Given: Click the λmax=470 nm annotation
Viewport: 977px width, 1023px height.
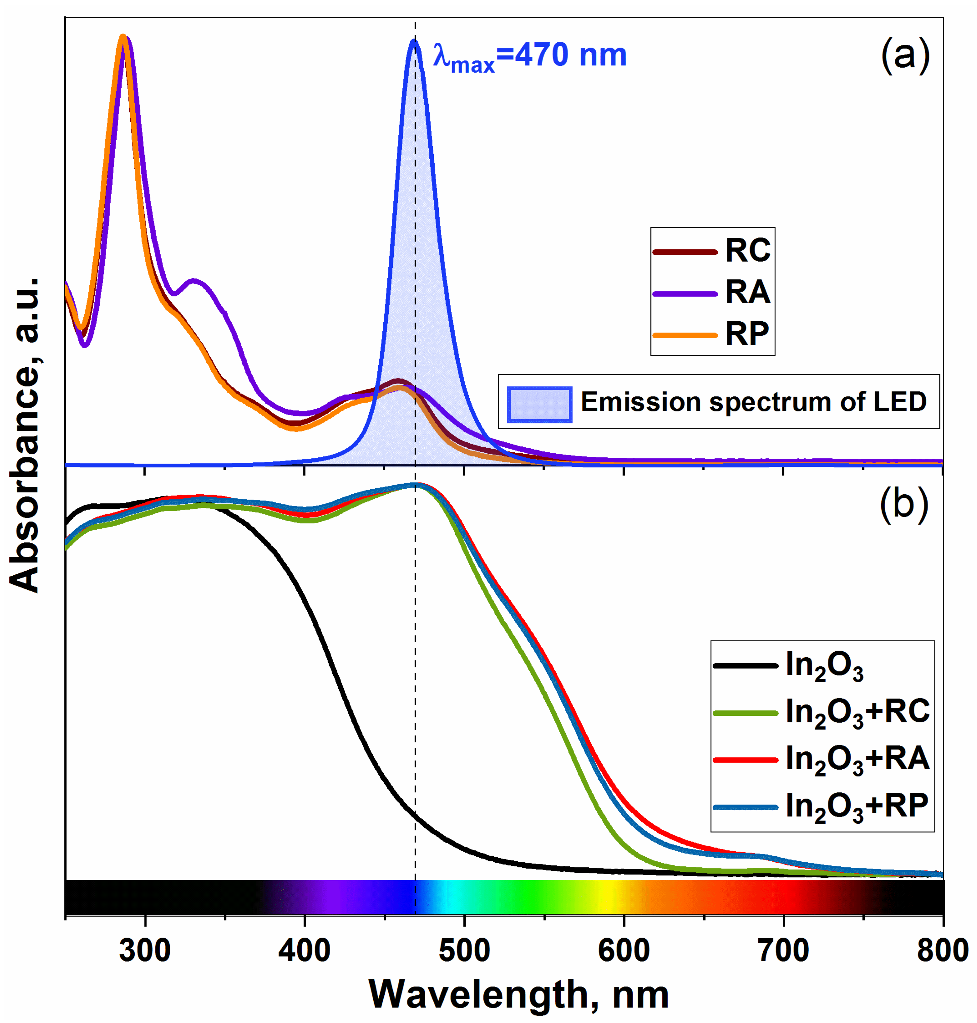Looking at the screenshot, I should (529, 56).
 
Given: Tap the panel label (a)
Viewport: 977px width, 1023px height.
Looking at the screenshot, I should (905, 55).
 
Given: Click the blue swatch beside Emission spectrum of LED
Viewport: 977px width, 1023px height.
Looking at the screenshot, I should (540, 404).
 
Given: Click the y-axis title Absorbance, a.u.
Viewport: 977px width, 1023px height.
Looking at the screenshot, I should (25, 435).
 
